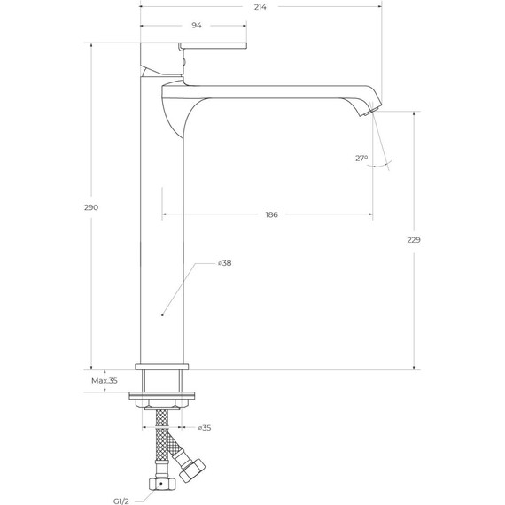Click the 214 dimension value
pos(260,7)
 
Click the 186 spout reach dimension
pos(271,215)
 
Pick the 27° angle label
pos(361,159)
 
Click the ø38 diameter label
pos(224,263)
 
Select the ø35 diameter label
pos(204,428)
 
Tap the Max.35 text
pos(104,381)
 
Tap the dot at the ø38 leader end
pos(161,315)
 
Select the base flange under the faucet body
pos(161,365)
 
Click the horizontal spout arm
pos(275,89)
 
